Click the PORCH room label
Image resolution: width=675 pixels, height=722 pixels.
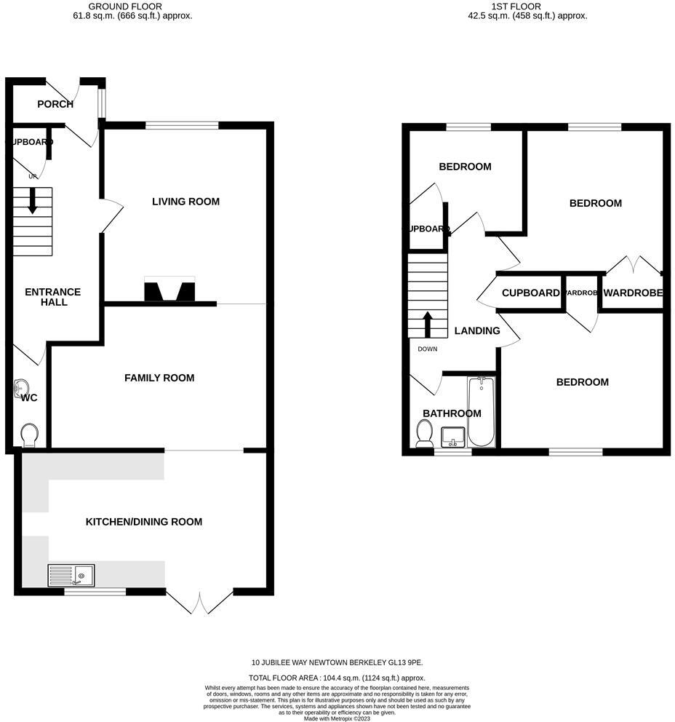click(x=55, y=104)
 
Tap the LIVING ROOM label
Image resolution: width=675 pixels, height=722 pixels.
click(x=185, y=202)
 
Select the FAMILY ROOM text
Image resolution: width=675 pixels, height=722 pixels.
click(x=159, y=378)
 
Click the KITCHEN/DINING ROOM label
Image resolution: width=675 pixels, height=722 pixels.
click(x=144, y=522)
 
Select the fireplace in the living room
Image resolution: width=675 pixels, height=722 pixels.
click(x=169, y=290)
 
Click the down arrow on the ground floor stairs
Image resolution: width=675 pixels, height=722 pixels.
click(x=33, y=200)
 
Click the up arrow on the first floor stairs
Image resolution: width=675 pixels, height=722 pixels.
click(x=428, y=324)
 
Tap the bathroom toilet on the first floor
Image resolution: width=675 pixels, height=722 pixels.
click(x=424, y=435)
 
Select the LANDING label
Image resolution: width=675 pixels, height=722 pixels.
click(x=477, y=330)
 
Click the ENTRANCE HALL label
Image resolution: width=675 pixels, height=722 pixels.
click(x=53, y=297)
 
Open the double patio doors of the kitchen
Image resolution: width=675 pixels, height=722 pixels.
click(x=199, y=603)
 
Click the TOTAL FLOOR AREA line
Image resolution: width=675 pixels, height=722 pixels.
click(x=337, y=677)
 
